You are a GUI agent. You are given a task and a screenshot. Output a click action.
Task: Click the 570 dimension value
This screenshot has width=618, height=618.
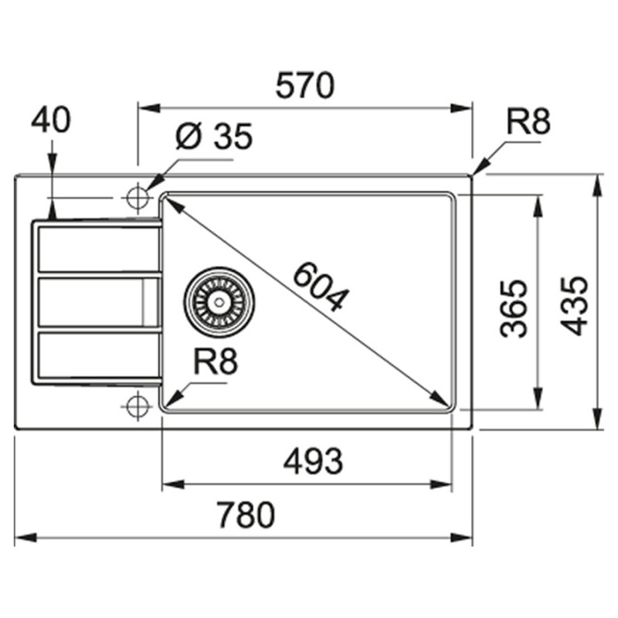304,85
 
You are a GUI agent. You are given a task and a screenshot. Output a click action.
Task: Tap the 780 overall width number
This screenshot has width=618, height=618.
246,514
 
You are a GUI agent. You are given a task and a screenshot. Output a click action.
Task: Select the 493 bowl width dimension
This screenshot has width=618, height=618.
314,461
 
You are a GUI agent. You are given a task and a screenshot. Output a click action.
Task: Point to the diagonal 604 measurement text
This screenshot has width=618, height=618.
321,286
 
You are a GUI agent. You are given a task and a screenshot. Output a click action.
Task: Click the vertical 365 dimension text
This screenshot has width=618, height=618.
513,309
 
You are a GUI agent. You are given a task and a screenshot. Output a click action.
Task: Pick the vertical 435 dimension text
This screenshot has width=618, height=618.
574,306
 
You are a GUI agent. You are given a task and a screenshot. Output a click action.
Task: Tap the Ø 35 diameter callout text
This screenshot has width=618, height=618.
214,136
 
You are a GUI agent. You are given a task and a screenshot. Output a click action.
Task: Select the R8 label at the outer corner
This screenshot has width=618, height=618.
528,122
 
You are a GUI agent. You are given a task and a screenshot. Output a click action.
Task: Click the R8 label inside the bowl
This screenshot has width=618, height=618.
216,362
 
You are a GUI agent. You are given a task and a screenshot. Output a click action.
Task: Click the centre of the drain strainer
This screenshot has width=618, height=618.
219,302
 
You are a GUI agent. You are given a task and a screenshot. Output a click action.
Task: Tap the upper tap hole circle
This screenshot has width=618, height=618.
138,196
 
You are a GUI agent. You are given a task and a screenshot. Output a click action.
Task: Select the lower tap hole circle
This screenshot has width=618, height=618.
138,405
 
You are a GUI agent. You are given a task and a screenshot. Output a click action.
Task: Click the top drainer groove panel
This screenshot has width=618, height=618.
99,250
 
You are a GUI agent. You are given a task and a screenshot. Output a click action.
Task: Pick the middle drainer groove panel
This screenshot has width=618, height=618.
99,302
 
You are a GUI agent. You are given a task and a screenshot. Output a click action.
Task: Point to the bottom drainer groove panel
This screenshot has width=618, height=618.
99,355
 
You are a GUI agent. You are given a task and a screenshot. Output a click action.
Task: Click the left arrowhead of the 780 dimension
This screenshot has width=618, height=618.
26,537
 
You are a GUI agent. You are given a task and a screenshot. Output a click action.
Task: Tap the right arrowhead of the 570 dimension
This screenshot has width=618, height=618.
460,108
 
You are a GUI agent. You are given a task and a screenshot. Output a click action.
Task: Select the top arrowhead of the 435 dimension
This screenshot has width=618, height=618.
598,185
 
